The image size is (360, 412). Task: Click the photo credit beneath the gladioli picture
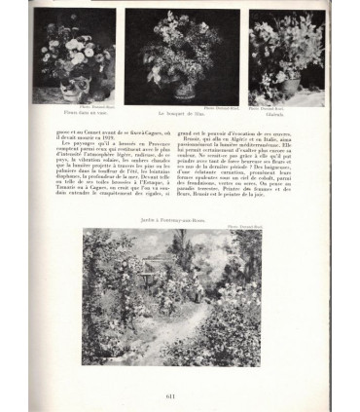pyautogui.click(x=281, y=106)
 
